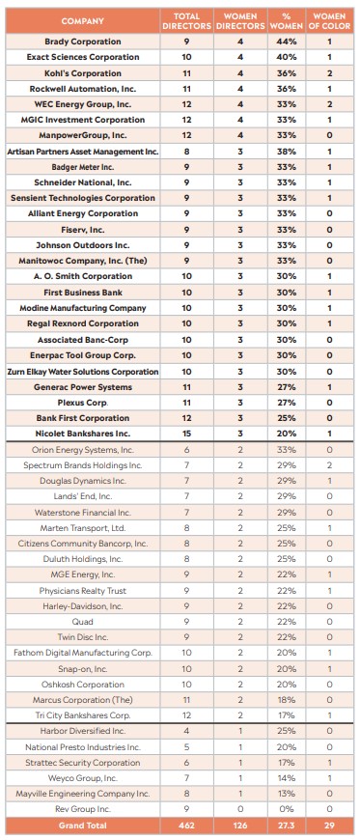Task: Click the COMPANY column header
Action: click(x=83, y=20)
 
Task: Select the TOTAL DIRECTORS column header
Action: click(x=186, y=20)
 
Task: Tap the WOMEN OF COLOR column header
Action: click(x=330, y=20)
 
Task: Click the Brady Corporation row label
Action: click(x=83, y=42)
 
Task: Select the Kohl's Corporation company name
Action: click(x=83, y=73)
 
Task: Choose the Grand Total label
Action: click(x=83, y=826)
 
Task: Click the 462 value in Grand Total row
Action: click(x=186, y=826)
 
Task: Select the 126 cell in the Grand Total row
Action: click(x=240, y=826)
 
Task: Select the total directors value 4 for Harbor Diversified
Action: click(x=186, y=731)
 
